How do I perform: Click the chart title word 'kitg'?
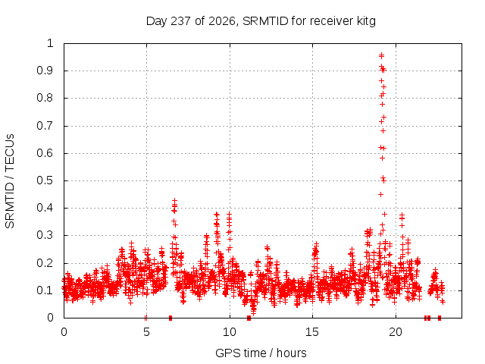coord(365,21)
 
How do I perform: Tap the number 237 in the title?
coord(181,21)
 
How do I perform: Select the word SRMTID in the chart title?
coord(265,21)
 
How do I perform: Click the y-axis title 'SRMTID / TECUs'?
coord(10,181)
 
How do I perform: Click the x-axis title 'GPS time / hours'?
coord(261,353)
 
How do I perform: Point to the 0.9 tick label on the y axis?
coord(45,71)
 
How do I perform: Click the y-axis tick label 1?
coord(50,43)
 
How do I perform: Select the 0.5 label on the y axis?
coord(45,180)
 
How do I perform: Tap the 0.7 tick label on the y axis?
coord(45,126)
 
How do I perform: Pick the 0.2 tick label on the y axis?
coord(45,263)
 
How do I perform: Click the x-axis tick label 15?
coord(312,332)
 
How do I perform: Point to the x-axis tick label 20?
coord(396,332)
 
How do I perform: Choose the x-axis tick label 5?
coord(146,332)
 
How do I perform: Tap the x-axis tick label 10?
coord(229,332)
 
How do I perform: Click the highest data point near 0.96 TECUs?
coord(381,55)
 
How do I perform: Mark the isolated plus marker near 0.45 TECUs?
coord(380,194)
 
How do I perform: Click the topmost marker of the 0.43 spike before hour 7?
coord(175,200)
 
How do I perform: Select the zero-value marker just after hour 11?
coord(249,318)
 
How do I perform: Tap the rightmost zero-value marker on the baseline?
coord(440,318)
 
